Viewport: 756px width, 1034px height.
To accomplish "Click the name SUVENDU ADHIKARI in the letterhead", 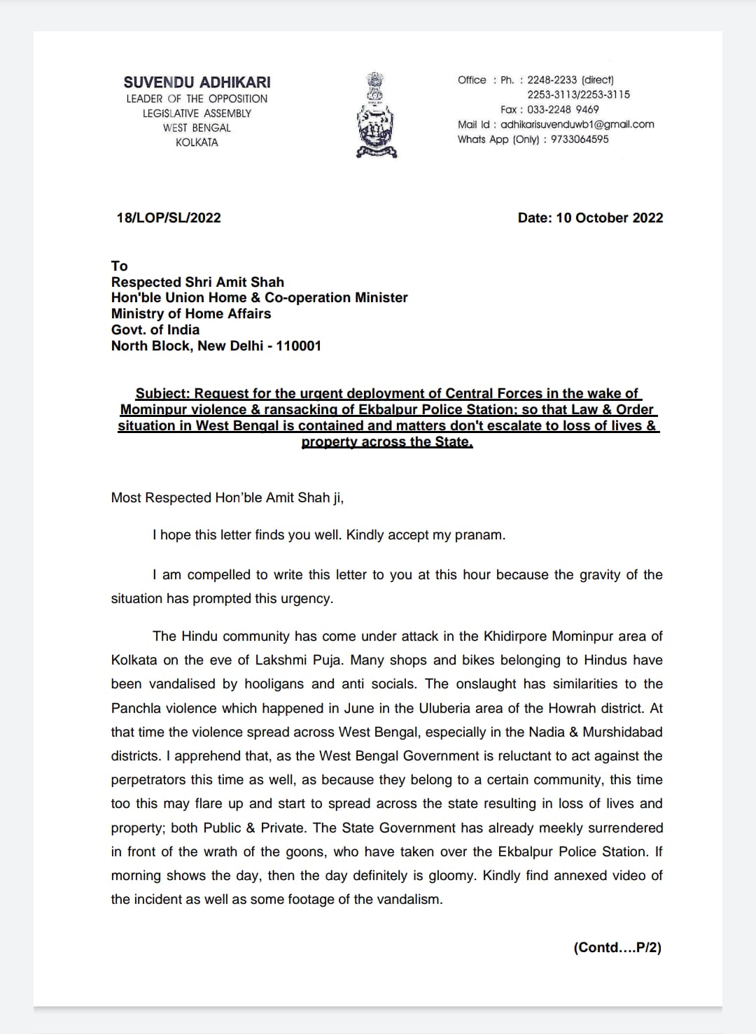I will [x=197, y=82].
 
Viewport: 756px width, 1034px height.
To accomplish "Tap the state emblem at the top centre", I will [x=377, y=115].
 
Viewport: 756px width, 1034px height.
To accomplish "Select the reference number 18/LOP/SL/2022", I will [x=169, y=218].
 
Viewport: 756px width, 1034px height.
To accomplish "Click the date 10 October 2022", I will [x=609, y=218].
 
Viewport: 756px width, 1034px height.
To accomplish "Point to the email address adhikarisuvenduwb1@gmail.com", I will [x=577, y=125].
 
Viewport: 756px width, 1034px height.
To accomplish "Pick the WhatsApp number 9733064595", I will [x=580, y=139].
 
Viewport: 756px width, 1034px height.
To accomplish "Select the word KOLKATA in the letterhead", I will [x=197, y=142].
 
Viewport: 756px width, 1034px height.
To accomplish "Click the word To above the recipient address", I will [x=119, y=266].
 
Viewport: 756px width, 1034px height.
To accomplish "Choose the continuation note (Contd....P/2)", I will [x=617, y=947].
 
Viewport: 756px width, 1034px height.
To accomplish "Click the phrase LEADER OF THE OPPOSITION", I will [x=197, y=99].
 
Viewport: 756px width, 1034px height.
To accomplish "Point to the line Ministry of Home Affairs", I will [x=191, y=313].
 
